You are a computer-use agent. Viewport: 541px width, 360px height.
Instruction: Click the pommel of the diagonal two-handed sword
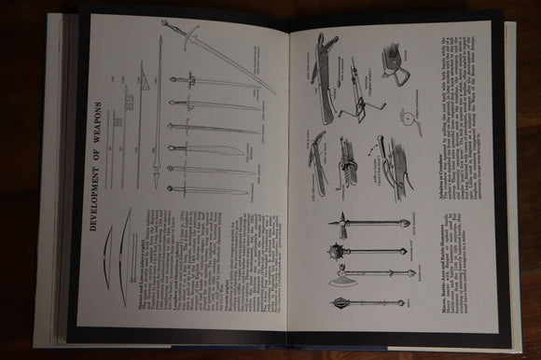point(164,22)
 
